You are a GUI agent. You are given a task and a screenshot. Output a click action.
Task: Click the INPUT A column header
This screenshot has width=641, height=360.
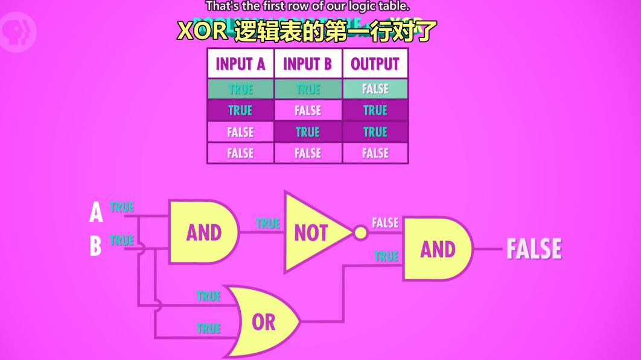[240, 64]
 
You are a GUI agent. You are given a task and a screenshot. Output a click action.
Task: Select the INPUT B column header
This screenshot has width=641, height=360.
[308, 64]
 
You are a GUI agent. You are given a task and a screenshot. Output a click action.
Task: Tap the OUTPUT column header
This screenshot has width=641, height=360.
[375, 64]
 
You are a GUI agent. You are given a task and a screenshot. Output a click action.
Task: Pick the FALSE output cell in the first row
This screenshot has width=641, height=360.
[375, 89]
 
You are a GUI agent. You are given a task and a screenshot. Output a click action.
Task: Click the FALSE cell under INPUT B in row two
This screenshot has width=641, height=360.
[308, 111]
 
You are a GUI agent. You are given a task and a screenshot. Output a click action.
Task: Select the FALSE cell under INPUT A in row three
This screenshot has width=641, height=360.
[240, 132]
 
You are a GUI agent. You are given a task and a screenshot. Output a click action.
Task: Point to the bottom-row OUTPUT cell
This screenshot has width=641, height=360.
[375, 153]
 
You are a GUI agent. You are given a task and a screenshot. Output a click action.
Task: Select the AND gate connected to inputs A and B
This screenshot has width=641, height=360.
[203, 233]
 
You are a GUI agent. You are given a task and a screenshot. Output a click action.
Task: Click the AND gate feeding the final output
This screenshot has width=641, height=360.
[436, 249]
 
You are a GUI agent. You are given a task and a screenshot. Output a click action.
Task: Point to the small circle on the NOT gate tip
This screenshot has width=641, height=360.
[360, 233]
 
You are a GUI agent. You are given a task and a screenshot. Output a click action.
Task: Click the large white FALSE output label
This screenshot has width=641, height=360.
[534, 249]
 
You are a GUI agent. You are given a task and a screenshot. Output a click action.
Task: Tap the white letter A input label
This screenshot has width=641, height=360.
[96, 213]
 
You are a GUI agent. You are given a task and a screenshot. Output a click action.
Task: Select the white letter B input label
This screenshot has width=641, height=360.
[95, 246]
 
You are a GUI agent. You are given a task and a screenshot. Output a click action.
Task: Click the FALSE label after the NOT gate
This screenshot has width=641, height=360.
[385, 223]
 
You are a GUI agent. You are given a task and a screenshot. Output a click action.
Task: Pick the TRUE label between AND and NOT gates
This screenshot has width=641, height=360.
[267, 223]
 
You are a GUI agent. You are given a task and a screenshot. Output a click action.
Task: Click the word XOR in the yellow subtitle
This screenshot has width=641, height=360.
[202, 31]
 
